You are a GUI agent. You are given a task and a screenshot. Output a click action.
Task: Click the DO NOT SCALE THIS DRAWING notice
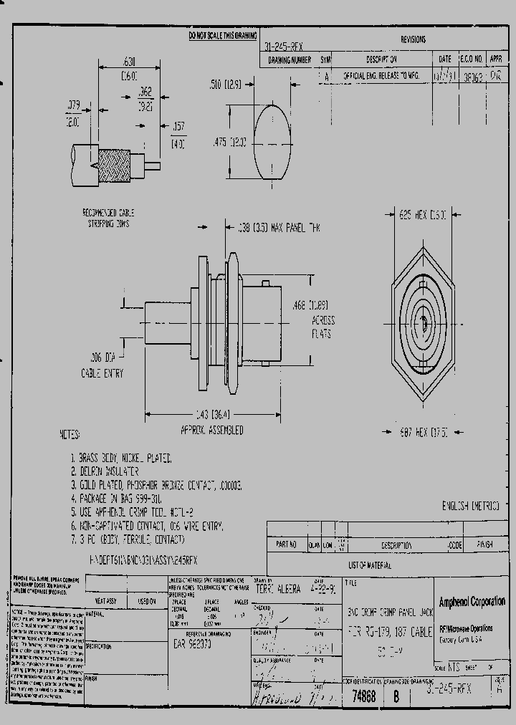click(x=221, y=35)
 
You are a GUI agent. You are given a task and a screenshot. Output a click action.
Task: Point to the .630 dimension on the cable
click(x=110, y=62)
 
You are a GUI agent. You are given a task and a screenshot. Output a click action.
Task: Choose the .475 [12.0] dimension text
click(x=229, y=143)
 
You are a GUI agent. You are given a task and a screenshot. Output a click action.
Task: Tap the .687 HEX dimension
click(x=421, y=432)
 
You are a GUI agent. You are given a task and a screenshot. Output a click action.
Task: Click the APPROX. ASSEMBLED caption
click(x=211, y=431)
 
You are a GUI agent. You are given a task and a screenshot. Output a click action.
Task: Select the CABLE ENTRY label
click(x=102, y=373)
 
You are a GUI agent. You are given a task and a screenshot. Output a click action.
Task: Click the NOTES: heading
click(x=70, y=435)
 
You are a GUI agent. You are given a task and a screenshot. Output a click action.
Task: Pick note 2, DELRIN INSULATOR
click(x=105, y=471)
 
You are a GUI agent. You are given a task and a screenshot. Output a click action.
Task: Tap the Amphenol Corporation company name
click(x=471, y=601)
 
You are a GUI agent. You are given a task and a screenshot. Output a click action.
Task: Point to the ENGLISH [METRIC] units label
click(x=471, y=506)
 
